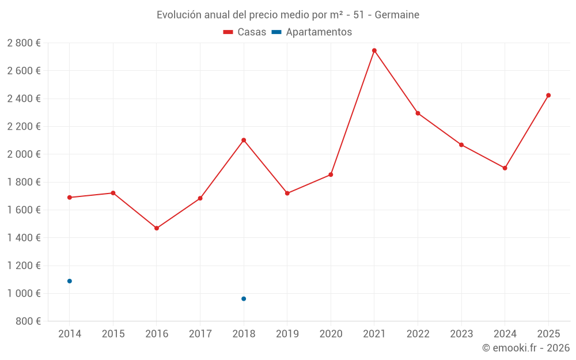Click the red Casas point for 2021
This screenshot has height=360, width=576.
(x=374, y=51)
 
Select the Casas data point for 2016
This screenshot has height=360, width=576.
(x=157, y=228)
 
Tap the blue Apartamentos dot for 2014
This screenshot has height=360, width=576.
(x=70, y=281)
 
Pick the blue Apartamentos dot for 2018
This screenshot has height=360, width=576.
(x=244, y=298)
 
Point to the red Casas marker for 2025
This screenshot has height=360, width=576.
(x=548, y=96)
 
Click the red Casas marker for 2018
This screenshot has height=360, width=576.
(x=244, y=140)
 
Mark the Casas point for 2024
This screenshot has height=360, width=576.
(x=505, y=168)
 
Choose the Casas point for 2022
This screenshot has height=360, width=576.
(x=418, y=113)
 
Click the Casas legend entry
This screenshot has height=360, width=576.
(x=245, y=32)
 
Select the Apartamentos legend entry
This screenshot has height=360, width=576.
(x=311, y=32)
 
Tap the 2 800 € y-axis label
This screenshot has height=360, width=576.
(x=24, y=43)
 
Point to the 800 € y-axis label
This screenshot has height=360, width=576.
(x=28, y=321)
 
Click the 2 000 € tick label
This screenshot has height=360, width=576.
(x=24, y=154)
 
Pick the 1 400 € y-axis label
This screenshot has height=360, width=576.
(x=24, y=238)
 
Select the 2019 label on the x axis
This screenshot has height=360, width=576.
(x=287, y=334)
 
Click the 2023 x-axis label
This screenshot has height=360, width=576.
(x=461, y=334)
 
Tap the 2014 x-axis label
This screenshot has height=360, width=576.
(x=70, y=334)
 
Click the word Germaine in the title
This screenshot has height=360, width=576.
(x=397, y=14)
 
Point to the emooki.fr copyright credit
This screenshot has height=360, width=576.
(x=526, y=348)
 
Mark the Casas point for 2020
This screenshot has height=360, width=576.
(x=331, y=175)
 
